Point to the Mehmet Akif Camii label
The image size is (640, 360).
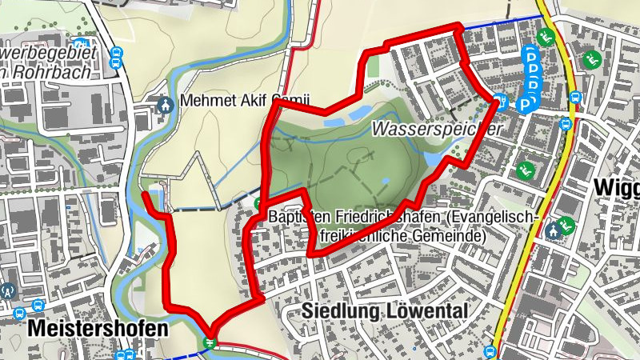pos(234,102)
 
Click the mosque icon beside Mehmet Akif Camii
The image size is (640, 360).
pos(166,104)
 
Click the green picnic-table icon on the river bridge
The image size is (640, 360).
pos(210,342)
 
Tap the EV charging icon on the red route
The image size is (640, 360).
pos(502,101)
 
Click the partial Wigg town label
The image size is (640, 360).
pos(618,188)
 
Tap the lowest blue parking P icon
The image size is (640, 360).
pos(526,104)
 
